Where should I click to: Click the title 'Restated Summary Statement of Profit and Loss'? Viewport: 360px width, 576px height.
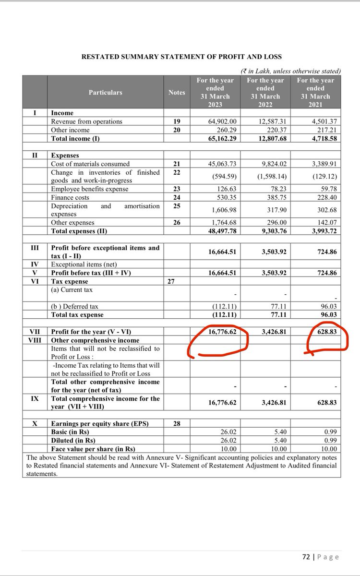[x=181, y=57]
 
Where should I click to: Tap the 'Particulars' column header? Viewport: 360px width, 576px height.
[x=105, y=92]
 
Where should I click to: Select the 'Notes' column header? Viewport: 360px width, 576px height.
[x=177, y=92]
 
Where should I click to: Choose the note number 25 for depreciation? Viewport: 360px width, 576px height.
[x=177, y=206]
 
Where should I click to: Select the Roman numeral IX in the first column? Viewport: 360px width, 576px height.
[x=35, y=398]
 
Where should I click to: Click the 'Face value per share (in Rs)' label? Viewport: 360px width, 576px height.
[x=93, y=449]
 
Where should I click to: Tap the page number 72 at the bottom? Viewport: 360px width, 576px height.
[x=306, y=557]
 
